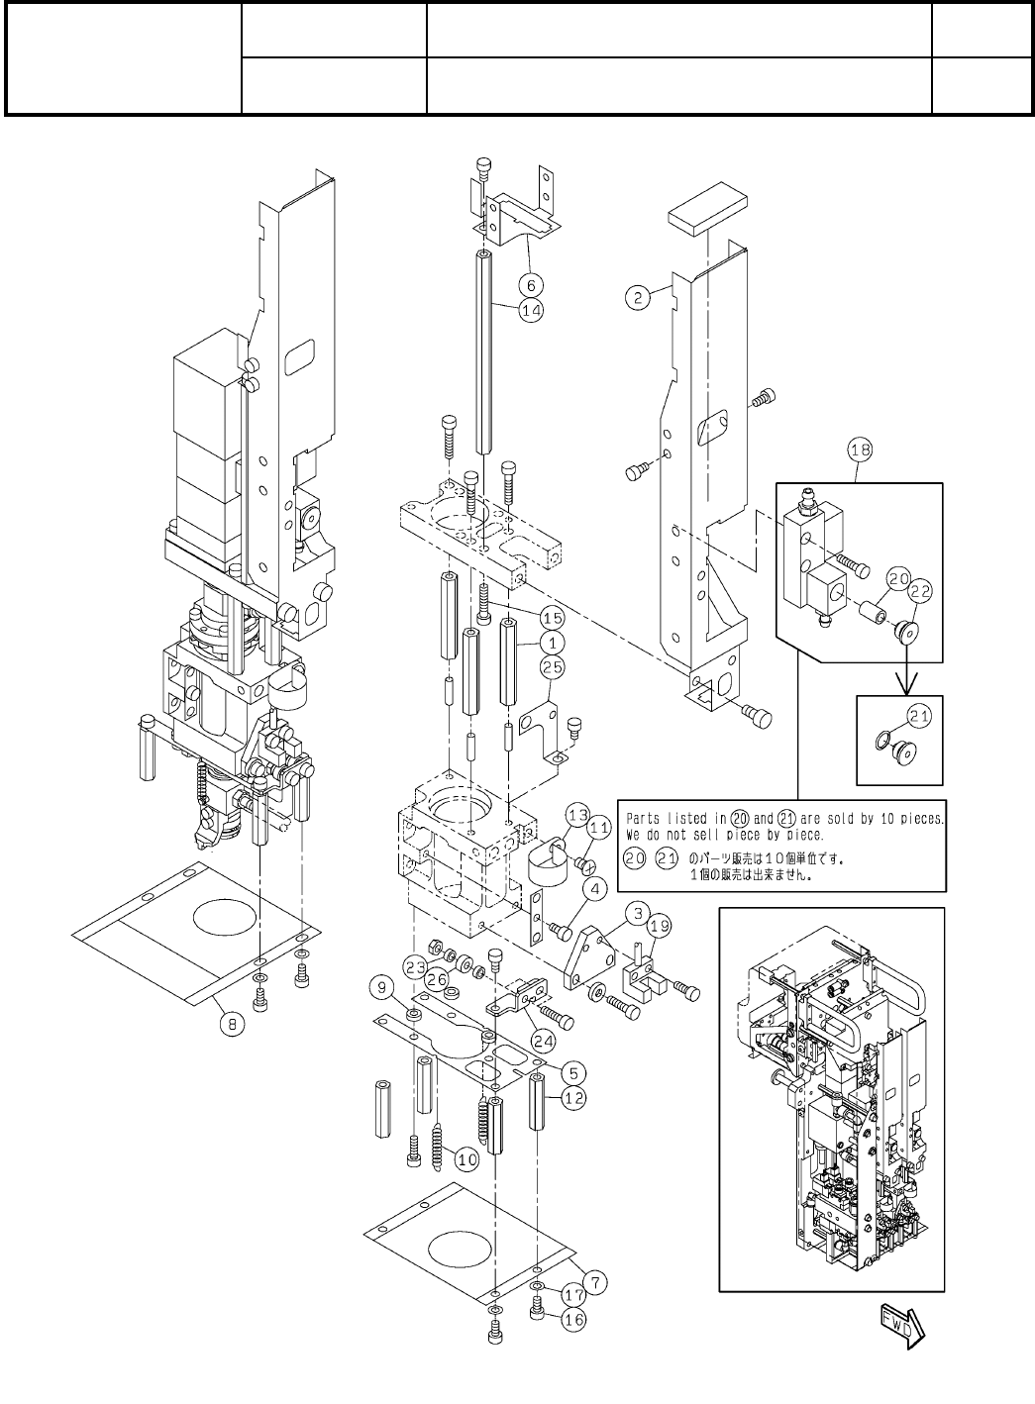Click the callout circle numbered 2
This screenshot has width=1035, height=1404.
point(639,296)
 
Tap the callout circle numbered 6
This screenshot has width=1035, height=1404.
point(531,284)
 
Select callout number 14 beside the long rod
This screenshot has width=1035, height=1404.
point(531,309)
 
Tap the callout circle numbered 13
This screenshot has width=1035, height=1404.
point(577,814)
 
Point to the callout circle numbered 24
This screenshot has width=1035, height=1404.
point(543,1039)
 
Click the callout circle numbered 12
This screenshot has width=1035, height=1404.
point(574,1097)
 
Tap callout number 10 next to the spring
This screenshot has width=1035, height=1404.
point(466,1156)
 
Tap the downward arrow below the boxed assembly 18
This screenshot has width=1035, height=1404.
point(899,676)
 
